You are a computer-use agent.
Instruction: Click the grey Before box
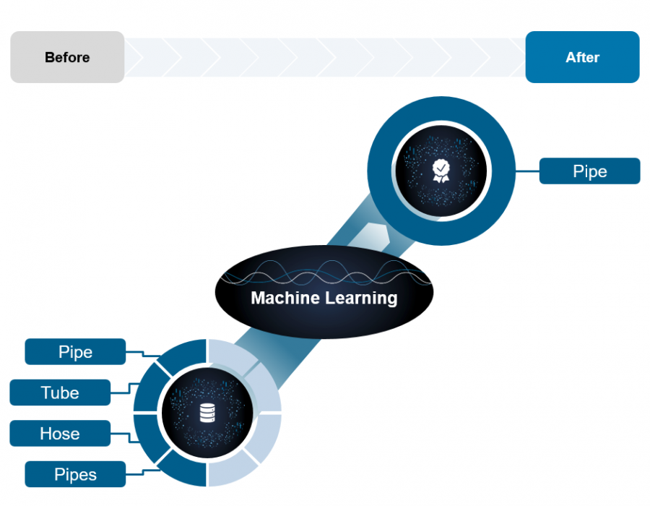click(67, 57)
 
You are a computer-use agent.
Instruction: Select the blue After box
click(582, 57)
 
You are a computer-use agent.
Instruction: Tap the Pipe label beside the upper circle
click(589, 171)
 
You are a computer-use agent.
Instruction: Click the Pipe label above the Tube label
click(75, 352)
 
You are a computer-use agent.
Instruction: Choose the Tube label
click(60, 393)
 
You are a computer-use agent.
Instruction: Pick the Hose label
click(60, 434)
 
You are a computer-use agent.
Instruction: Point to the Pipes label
click(75, 474)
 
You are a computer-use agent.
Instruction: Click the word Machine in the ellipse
click(285, 298)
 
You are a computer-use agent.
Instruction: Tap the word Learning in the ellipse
click(361, 299)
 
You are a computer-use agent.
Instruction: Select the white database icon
click(207, 413)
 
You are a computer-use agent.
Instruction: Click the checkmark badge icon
click(441, 171)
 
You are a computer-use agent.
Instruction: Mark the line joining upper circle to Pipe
click(527, 171)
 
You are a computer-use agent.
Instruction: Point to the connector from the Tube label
click(124, 390)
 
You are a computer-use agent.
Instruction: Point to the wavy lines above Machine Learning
click(325, 273)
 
